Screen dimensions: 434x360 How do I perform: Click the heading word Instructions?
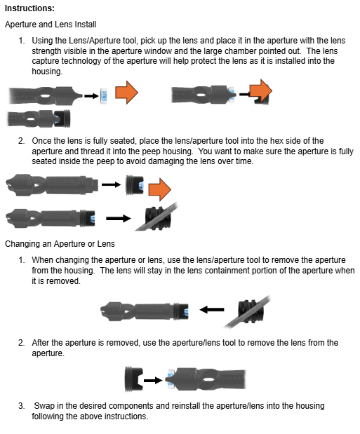pos(29,8)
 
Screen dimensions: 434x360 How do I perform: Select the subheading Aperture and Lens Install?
pos(51,24)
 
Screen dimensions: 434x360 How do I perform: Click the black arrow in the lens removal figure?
pos(152,379)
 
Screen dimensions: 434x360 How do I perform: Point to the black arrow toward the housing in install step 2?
pos(115,218)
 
